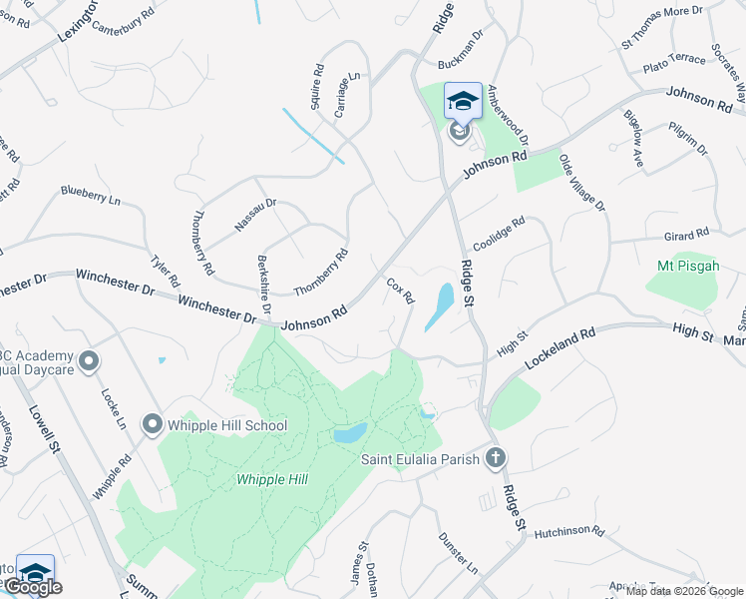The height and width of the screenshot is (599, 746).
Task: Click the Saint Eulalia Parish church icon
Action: click(496, 459)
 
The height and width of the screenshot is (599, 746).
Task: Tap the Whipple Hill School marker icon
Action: click(153, 426)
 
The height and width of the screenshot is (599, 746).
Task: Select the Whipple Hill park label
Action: click(271, 480)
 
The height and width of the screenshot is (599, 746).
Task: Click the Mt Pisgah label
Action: click(684, 267)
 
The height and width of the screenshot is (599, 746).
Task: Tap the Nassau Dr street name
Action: click(255, 215)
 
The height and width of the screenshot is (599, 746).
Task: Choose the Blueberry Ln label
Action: click(90, 195)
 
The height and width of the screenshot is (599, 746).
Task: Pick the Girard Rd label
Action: click(686, 235)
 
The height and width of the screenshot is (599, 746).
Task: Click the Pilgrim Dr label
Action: click(688, 137)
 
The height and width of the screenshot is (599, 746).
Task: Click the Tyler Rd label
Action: click(164, 270)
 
